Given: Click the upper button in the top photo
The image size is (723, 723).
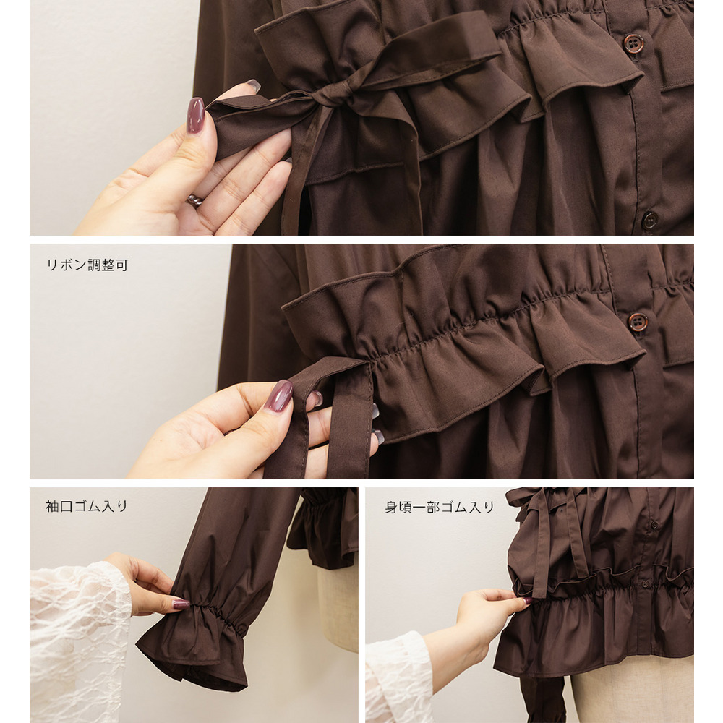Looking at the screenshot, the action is [x=633, y=43].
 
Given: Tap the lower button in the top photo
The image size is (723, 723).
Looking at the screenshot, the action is [x=650, y=221].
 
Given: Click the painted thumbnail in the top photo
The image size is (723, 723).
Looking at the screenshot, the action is [x=195, y=115].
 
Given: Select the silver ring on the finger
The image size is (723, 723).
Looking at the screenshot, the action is [x=195, y=200].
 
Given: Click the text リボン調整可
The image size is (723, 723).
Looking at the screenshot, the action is [x=87, y=265].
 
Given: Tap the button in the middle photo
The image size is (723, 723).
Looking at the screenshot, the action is [x=638, y=322].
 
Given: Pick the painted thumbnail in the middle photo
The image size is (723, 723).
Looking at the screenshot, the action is [x=278, y=395].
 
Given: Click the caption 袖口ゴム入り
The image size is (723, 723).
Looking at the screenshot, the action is [x=87, y=506].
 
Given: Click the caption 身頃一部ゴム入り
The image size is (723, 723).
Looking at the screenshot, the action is [x=440, y=508].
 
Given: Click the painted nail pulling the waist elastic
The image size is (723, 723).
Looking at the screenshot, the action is [x=526, y=600].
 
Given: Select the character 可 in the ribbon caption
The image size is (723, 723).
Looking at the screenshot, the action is [x=121, y=265].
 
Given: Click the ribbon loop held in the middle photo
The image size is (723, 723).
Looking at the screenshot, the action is [x=322, y=415].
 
